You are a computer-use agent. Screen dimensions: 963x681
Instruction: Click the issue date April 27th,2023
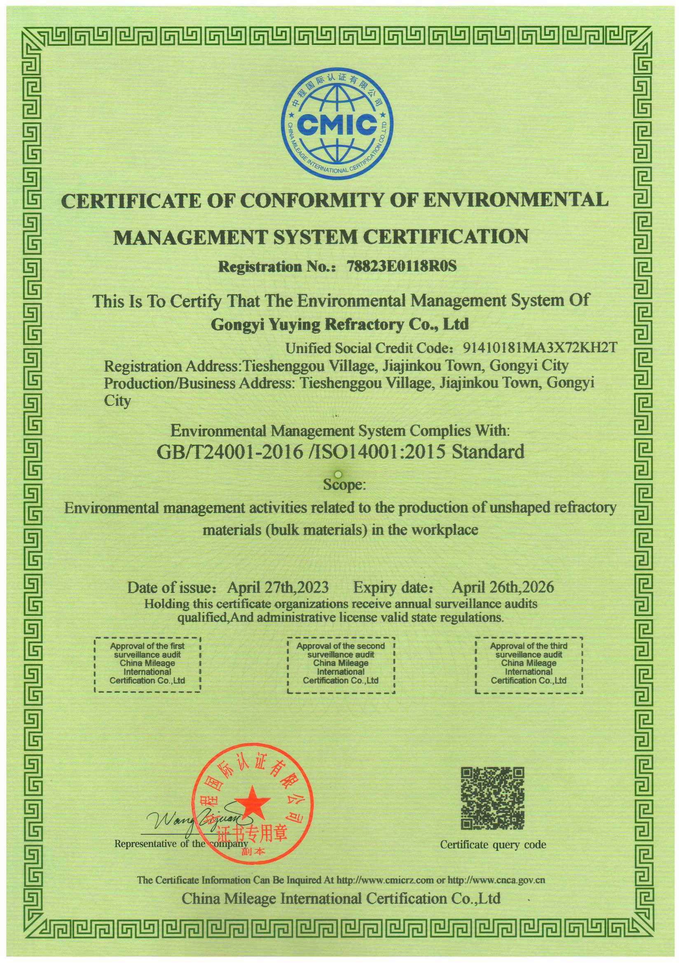(278, 587)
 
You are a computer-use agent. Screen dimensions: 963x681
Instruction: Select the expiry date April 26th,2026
(503, 587)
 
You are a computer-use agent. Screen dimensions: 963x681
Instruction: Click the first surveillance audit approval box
(147, 664)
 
